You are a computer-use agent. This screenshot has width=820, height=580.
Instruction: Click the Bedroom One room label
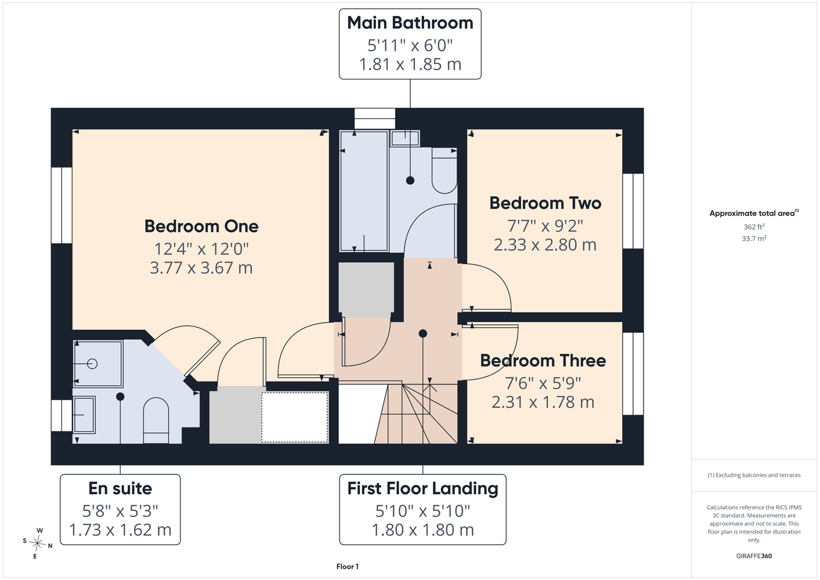click(201, 227)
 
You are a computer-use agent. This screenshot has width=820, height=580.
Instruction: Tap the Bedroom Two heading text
click(545, 203)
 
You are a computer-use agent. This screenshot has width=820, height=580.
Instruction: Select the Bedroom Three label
click(543, 361)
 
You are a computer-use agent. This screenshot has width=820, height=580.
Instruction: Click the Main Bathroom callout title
click(410, 23)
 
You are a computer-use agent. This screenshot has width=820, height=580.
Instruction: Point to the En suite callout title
click(120, 488)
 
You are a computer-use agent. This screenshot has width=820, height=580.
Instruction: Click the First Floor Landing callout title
click(422, 488)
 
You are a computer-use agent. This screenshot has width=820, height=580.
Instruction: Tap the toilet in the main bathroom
click(445, 171)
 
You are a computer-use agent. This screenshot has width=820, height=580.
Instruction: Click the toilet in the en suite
click(156, 420)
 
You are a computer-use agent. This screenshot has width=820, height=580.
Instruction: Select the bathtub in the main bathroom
click(364, 191)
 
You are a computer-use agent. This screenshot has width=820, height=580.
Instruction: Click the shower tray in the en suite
click(98, 364)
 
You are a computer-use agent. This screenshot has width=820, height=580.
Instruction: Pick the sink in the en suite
click(85, 415)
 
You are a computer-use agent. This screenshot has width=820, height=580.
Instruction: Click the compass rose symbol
click(38, 543)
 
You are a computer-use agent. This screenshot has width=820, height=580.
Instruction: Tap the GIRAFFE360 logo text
click(754, 556)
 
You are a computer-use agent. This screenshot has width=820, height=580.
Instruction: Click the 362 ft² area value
click(754, 227)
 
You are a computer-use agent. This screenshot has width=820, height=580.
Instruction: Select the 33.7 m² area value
click(754, 238)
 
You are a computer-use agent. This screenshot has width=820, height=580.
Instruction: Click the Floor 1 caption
click(348, 567)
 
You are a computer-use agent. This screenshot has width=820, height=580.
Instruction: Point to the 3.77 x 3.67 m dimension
click(201, 268)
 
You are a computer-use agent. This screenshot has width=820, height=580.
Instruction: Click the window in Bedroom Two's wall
click(633, 211)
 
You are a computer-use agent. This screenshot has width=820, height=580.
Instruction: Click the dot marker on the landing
click(423, 333)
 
